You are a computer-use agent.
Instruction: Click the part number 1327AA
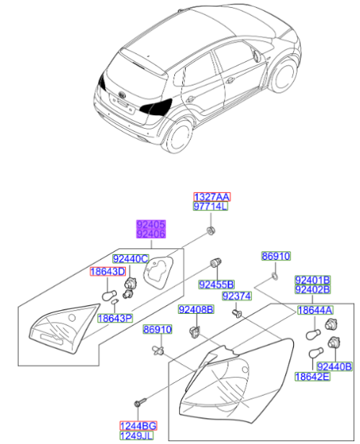pyautogui.click(x=212, y=196)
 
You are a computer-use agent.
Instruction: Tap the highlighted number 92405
pyautogui.click(x=152, y=225)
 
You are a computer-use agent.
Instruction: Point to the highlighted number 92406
pyautogui.click(x=152, y=234)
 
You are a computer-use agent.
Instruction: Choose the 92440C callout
pyautogui.click(x=130, y=259)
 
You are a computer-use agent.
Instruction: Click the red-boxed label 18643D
pyautogui.click(x=107, y=271)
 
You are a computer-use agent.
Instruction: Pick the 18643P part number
pyautogui.click(x=114, y=317)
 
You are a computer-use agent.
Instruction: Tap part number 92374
pyautogui.click(x=236, y=296)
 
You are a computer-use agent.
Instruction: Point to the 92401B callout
pyautogui.click(x=312, y=279)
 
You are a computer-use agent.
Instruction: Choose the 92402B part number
pyautogui.click(x=312, y=289)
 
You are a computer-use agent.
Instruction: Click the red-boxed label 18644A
pyautogui.click(x=316, y=310)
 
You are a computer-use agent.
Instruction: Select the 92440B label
pyautogui.click(x=334, y=366)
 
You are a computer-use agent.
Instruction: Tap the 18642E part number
pyautogui.click(x=312, y=376)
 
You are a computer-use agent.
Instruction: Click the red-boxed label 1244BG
pyautogui.click(x=138, y=426)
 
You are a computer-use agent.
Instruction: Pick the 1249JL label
pyautogui.click(x=138, y=436)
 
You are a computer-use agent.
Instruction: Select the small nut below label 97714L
pyautogui.click(x=210, y=230)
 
